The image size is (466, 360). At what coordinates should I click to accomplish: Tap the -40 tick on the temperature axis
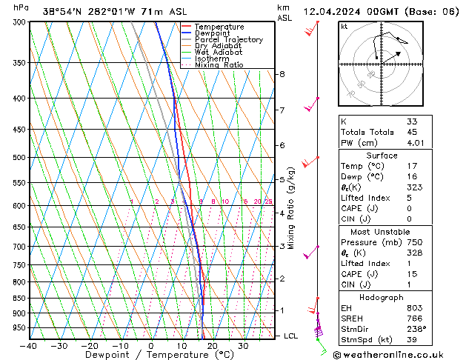(29, 346)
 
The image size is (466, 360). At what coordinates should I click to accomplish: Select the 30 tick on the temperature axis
(242, 346)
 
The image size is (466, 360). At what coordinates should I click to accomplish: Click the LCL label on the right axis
(291, 336)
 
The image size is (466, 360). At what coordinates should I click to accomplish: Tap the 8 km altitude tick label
(282, 74)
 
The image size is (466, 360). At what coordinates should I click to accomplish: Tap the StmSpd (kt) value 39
(412, 340)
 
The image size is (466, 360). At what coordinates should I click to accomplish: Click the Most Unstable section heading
(381, 231)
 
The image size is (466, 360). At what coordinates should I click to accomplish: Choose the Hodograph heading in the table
(381, 296)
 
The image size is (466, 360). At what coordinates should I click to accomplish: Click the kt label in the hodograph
(344, 26)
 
